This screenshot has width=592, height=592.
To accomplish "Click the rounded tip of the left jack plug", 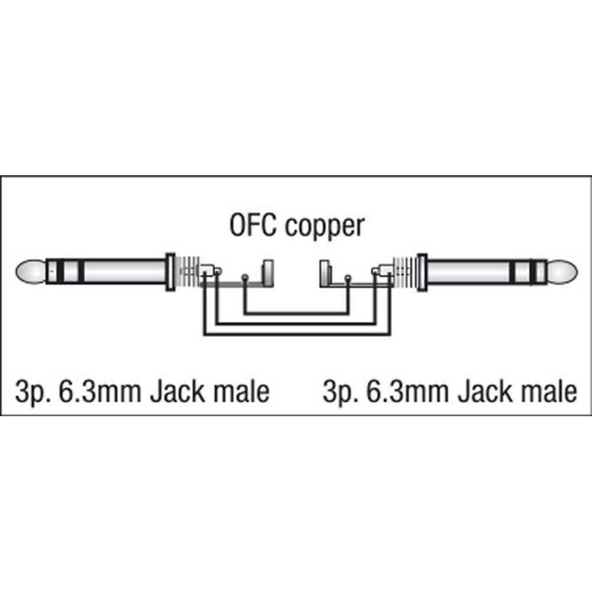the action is pyautogui.click(x=30, y=272).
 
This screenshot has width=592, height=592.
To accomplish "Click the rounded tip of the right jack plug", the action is pyautogui.click(x=562, y=272).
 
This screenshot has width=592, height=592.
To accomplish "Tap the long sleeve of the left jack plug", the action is pyautogui.click(x=124, y=272).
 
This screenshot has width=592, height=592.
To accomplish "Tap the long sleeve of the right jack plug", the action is pyautogui.click(x=468, y=272).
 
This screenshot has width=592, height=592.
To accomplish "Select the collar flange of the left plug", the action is pyautogui.click(x=170, y=272).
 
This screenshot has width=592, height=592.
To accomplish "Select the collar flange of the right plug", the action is pyautogui.click(x=422, y=272).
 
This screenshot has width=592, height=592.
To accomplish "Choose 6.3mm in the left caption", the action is pyautogui.click(x=100, y=391).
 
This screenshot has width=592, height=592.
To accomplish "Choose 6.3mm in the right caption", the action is pyautogui.click(x=408, y=391).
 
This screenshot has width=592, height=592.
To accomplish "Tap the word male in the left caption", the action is pyautogui.click(x=242, y=391).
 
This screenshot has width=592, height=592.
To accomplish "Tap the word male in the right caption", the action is pyautogui.click(x=549, y=391).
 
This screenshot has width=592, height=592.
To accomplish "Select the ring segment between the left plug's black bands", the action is pyautogui.click(x=70, y=272).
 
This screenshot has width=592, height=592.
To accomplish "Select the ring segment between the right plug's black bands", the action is pyautogui.click(x=522, y=272).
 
